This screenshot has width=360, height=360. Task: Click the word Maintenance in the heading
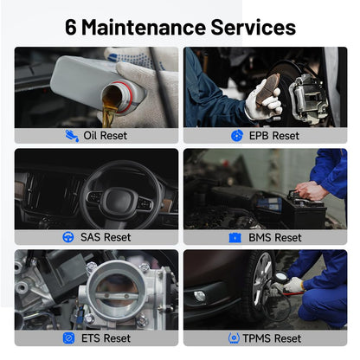(x=147, y=26)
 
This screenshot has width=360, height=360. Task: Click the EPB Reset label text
(x=273, y=136)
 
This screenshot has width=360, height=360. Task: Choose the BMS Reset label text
(x=275, y=237)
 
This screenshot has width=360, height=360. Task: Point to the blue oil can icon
(x=71, y=136)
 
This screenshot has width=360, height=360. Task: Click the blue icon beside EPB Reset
(x=237, y=136)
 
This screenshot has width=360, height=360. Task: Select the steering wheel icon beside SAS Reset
(x=68, y=237)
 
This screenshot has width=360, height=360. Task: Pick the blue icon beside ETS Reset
(x=68, y=338)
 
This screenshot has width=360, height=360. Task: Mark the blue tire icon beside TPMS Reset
(x=234, y=338)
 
